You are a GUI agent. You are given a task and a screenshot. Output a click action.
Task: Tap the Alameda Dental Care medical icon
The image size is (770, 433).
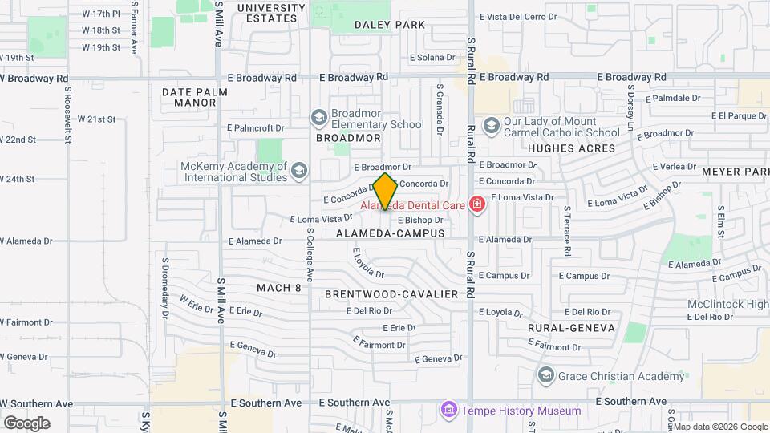point(477,205)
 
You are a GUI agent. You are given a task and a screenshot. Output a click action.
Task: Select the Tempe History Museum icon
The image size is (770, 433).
point(448,411)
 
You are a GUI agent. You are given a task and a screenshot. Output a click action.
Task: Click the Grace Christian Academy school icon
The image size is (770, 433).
point(546,375)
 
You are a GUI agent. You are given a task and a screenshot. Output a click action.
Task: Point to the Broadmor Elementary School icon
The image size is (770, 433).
point(319,119)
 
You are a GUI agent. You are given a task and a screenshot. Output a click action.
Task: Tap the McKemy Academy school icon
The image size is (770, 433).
point(299,170)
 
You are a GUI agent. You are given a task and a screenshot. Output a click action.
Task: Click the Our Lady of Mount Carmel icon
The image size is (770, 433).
point(491,125)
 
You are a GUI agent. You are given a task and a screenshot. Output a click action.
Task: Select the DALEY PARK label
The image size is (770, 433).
point(389,25)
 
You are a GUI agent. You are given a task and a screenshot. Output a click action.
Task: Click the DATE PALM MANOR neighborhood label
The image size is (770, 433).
point(195,97)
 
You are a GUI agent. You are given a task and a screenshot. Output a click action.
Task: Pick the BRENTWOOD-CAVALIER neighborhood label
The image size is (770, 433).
point(391,294)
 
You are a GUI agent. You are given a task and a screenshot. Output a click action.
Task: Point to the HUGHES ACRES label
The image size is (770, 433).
point(571,148)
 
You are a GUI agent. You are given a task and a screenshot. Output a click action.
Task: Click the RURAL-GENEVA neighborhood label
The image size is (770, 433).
point(571,328)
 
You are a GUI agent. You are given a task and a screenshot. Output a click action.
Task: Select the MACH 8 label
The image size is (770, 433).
point(279,288)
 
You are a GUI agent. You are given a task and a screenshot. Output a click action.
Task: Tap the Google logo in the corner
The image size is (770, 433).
point(26,423)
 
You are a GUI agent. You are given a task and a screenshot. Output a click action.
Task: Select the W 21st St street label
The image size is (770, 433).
point(96,119)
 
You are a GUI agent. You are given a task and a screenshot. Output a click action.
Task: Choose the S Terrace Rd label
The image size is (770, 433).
point(566,234)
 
